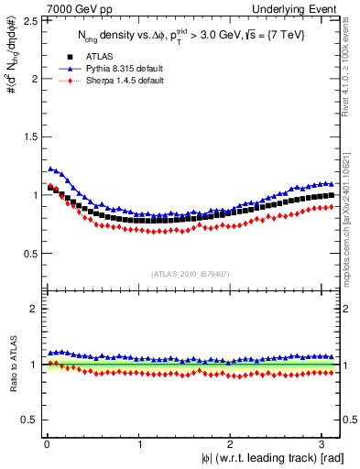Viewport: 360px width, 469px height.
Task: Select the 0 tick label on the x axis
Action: tap(46, 443)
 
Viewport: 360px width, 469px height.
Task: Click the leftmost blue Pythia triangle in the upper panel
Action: tap(50, 169)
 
